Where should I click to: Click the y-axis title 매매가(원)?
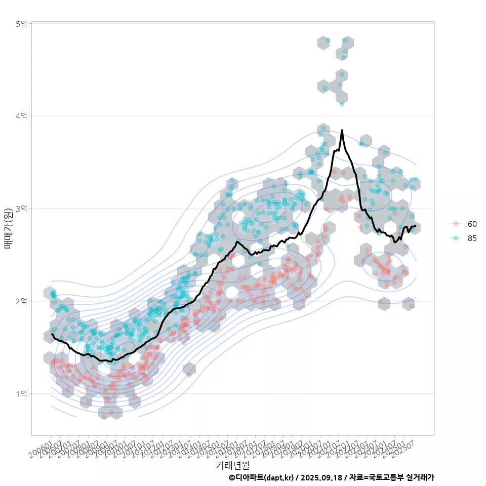point(8,228)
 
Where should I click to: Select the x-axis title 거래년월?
point(232,465)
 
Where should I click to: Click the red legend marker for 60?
point(456,224)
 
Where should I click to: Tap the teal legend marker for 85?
point(456,238)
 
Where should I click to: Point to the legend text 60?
point(472,224)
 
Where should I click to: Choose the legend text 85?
point(472,238)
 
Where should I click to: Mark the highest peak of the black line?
point(342,131)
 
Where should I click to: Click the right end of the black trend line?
point(416,226)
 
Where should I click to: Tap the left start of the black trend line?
point(52,334)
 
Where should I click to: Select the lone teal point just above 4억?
point(342,104)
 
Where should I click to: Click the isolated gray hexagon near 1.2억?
point(189,369)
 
